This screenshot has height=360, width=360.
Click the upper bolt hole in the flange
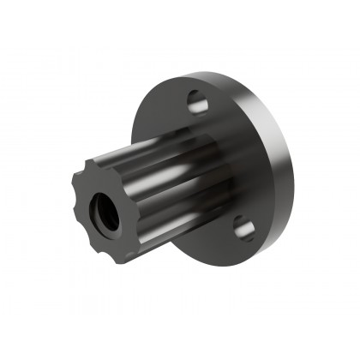coord(198,104)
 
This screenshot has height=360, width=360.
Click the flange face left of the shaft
coord(146,120)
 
